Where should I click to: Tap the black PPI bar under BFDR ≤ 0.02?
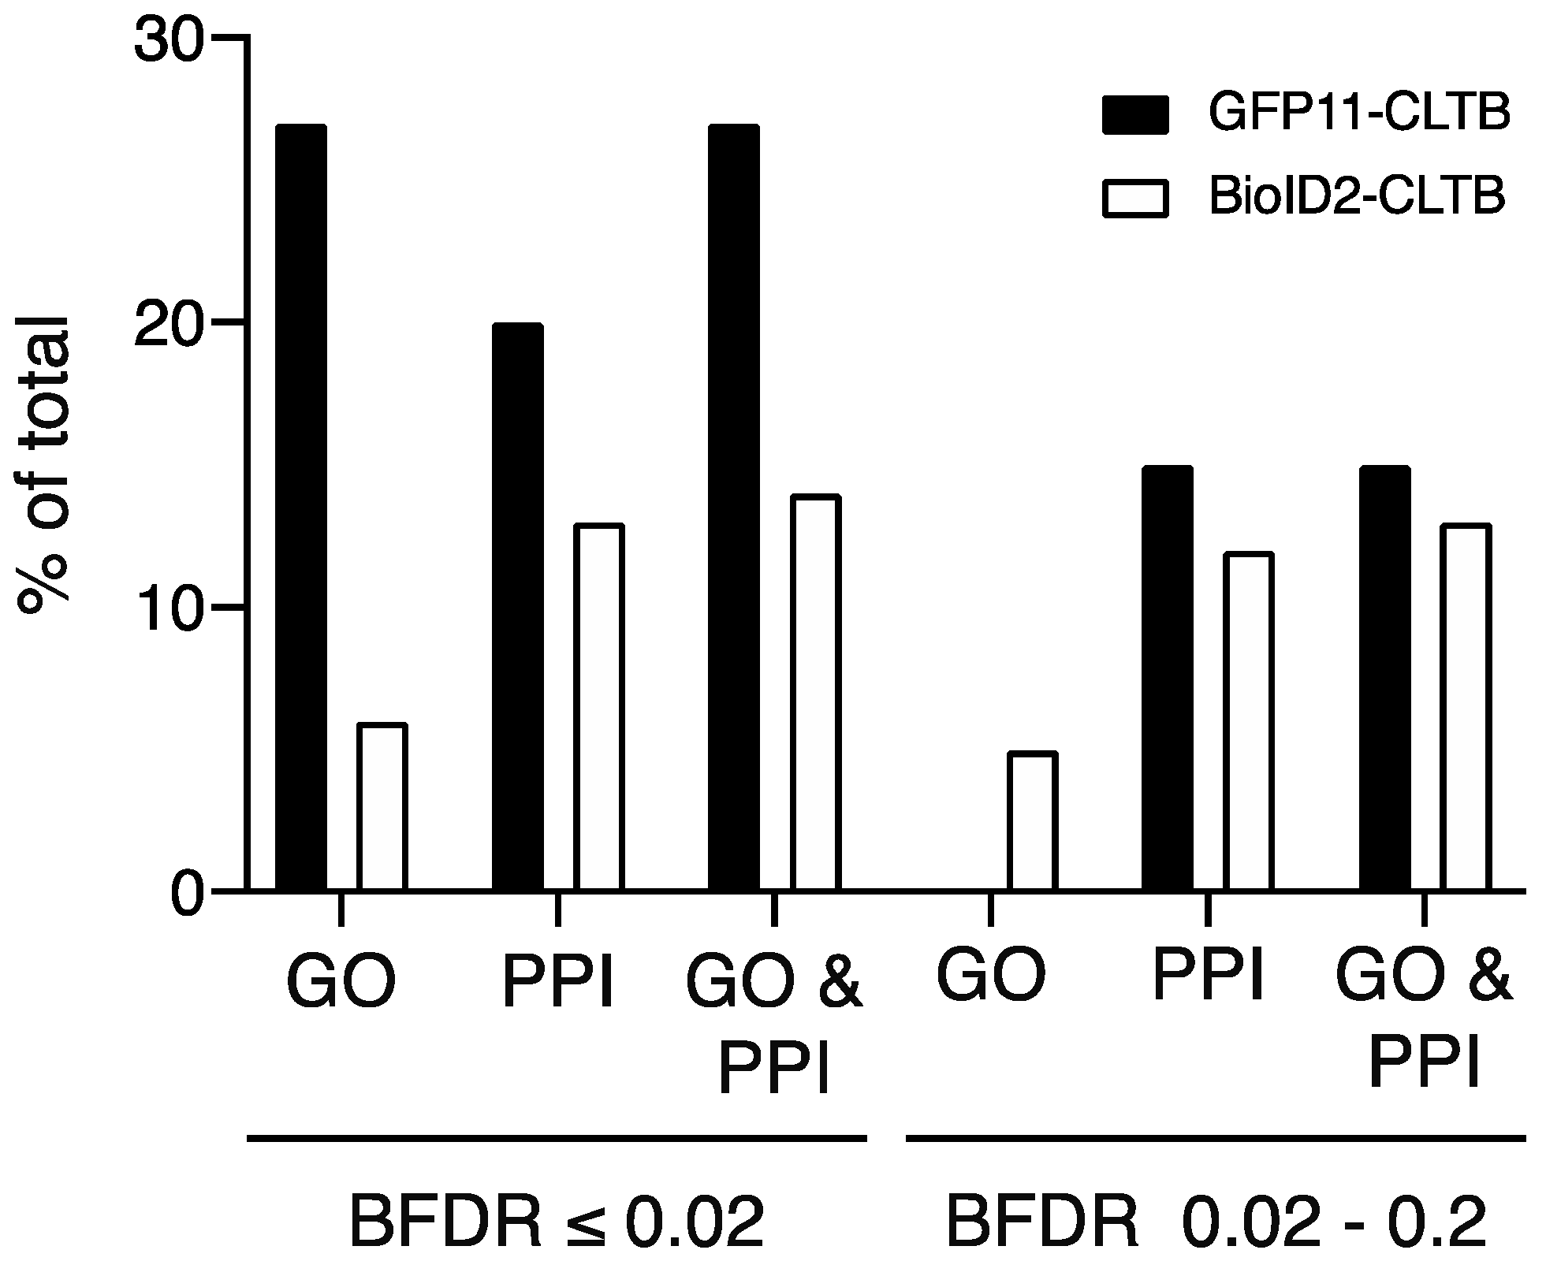click(x=517, y=606)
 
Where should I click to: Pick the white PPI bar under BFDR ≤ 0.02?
click(x=598, y=707)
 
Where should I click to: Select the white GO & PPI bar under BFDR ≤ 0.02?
click(x=815, y=693)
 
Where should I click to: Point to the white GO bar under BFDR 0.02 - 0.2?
click(x=1032, y=821)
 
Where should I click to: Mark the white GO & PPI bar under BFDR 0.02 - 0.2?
click(x=1466, y=707)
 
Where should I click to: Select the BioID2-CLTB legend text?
click(x=1357, y=196)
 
